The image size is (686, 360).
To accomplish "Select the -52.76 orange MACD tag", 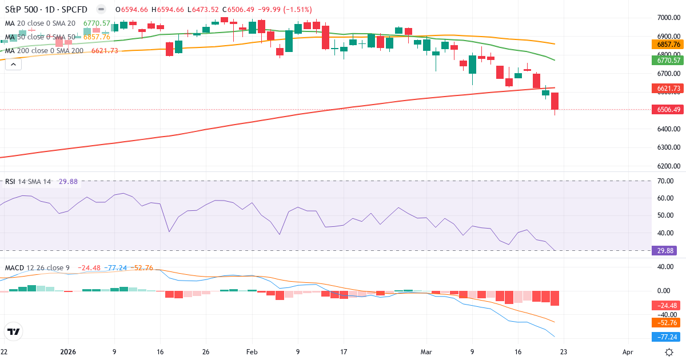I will (x=665, y=322).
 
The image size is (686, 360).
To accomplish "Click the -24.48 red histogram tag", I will (x=665, y=306).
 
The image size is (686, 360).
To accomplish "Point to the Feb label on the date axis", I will (x=252, y=352).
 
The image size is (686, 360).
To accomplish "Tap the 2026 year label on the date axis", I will (x=68, y=352).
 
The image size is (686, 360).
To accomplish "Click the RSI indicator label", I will (x=10, y=182).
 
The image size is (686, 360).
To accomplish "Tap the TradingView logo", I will (x=14, y=331).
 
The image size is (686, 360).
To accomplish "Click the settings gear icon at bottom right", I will (x=669, y=351).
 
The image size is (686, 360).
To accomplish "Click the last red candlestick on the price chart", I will (x=555, y=101).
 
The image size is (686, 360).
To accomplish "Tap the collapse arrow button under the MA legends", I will (x=13, y=64).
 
